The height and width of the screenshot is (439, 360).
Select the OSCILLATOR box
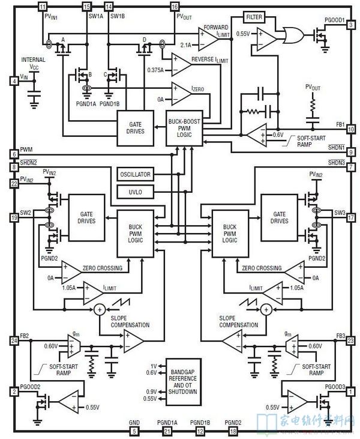pos(135,175)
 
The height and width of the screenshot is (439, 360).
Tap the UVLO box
pos(135,192)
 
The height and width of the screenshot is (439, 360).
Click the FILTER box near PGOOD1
pos(254,17)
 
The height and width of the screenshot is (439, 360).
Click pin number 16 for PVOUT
pos(175,6)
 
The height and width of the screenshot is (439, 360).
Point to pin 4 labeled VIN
pos(13,80)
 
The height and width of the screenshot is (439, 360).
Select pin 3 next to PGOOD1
pos(350,25)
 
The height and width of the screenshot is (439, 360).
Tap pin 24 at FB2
pos(13,340)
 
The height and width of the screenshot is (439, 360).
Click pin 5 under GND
pos(134,431)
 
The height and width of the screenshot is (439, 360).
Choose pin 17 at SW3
pos(350,219)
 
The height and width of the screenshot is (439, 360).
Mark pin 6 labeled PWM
pos(13,153)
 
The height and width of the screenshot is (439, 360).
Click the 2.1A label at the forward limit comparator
pos(186,44)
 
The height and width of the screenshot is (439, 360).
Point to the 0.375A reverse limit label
pos(155,70)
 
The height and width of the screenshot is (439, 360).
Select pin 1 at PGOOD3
pos(350,391)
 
